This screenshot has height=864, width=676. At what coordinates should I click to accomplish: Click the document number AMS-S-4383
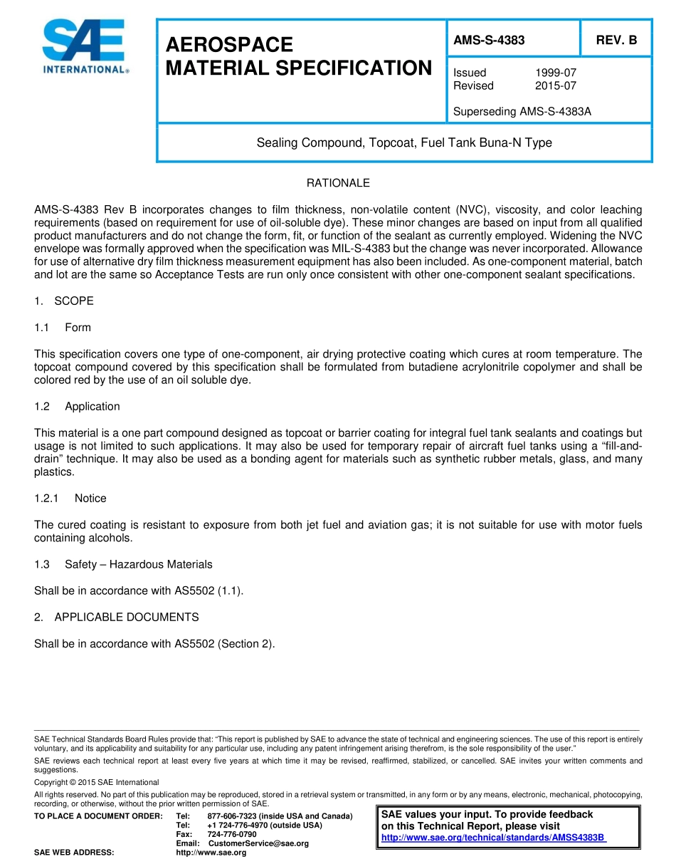click(489, 41)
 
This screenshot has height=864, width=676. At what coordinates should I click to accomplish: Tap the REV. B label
click(616, 41)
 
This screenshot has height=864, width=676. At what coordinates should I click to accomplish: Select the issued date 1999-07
click(556, 73)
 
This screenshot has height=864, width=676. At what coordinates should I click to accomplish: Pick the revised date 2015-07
click(556, 85)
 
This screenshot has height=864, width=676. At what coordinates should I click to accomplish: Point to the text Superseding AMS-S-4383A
click(522, 112)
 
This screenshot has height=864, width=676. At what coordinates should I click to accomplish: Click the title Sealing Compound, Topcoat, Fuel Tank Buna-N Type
click(403, 142)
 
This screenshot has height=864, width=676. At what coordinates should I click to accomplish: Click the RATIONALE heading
click(338, 183)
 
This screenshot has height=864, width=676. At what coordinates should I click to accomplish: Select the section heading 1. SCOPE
click(64, 301)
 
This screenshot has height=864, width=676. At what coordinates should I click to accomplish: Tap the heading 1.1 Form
click(63, 328)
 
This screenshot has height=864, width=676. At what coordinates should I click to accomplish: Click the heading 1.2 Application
click(77, 407)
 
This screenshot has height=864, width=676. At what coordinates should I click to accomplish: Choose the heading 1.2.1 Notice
click(70, 499)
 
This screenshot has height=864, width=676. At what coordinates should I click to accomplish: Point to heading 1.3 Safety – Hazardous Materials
click(123, 565)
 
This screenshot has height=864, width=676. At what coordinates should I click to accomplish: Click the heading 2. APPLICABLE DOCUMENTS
click(117, 617)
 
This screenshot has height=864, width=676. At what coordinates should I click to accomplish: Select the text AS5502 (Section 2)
click(224, 644)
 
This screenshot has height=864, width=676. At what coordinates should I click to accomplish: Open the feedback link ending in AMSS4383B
click(493, 838)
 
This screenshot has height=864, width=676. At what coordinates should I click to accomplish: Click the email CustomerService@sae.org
click(258, 843)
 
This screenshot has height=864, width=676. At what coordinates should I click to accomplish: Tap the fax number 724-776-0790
click(232, 834)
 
